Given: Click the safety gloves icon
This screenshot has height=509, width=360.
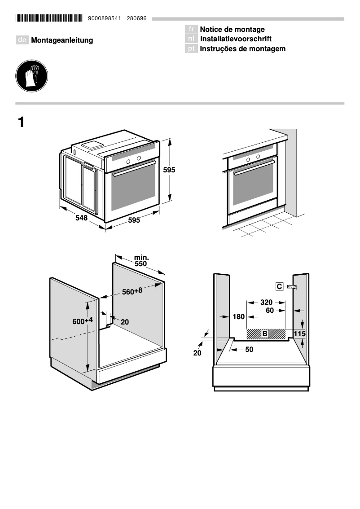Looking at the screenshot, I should [x=31, y=76].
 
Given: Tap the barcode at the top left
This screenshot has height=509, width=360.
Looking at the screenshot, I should [x=49, y=18].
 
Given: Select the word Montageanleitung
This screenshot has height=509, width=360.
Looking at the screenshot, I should [x=62, y=40].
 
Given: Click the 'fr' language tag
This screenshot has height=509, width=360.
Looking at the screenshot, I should [x=191, y=30].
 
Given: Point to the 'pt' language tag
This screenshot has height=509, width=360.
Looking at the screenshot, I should [x=191, y=48].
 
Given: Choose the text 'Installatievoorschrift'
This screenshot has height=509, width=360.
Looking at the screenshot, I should [x=236, y=39].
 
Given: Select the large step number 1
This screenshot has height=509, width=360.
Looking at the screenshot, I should [x=21, y=122].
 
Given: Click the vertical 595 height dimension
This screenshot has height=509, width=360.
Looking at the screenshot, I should [x=169, y=170].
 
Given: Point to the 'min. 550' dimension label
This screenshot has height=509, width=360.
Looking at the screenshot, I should [x=141, y=261].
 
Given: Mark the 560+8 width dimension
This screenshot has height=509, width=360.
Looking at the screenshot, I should [x=132, y=291].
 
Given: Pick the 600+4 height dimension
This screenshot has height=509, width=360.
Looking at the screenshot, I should [x=83, y=321].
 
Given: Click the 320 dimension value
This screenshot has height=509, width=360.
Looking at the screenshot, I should [x=266, y=302].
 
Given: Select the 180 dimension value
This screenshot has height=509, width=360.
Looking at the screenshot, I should [x=238, y=317].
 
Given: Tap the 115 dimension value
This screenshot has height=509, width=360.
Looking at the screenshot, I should [x=299, y=333].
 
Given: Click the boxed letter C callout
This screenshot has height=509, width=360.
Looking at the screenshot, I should [x=279, y=286].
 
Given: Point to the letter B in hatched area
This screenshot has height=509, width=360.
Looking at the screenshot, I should [x=265, y=333].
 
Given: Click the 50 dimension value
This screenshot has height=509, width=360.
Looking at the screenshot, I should [x=249, y=349].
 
